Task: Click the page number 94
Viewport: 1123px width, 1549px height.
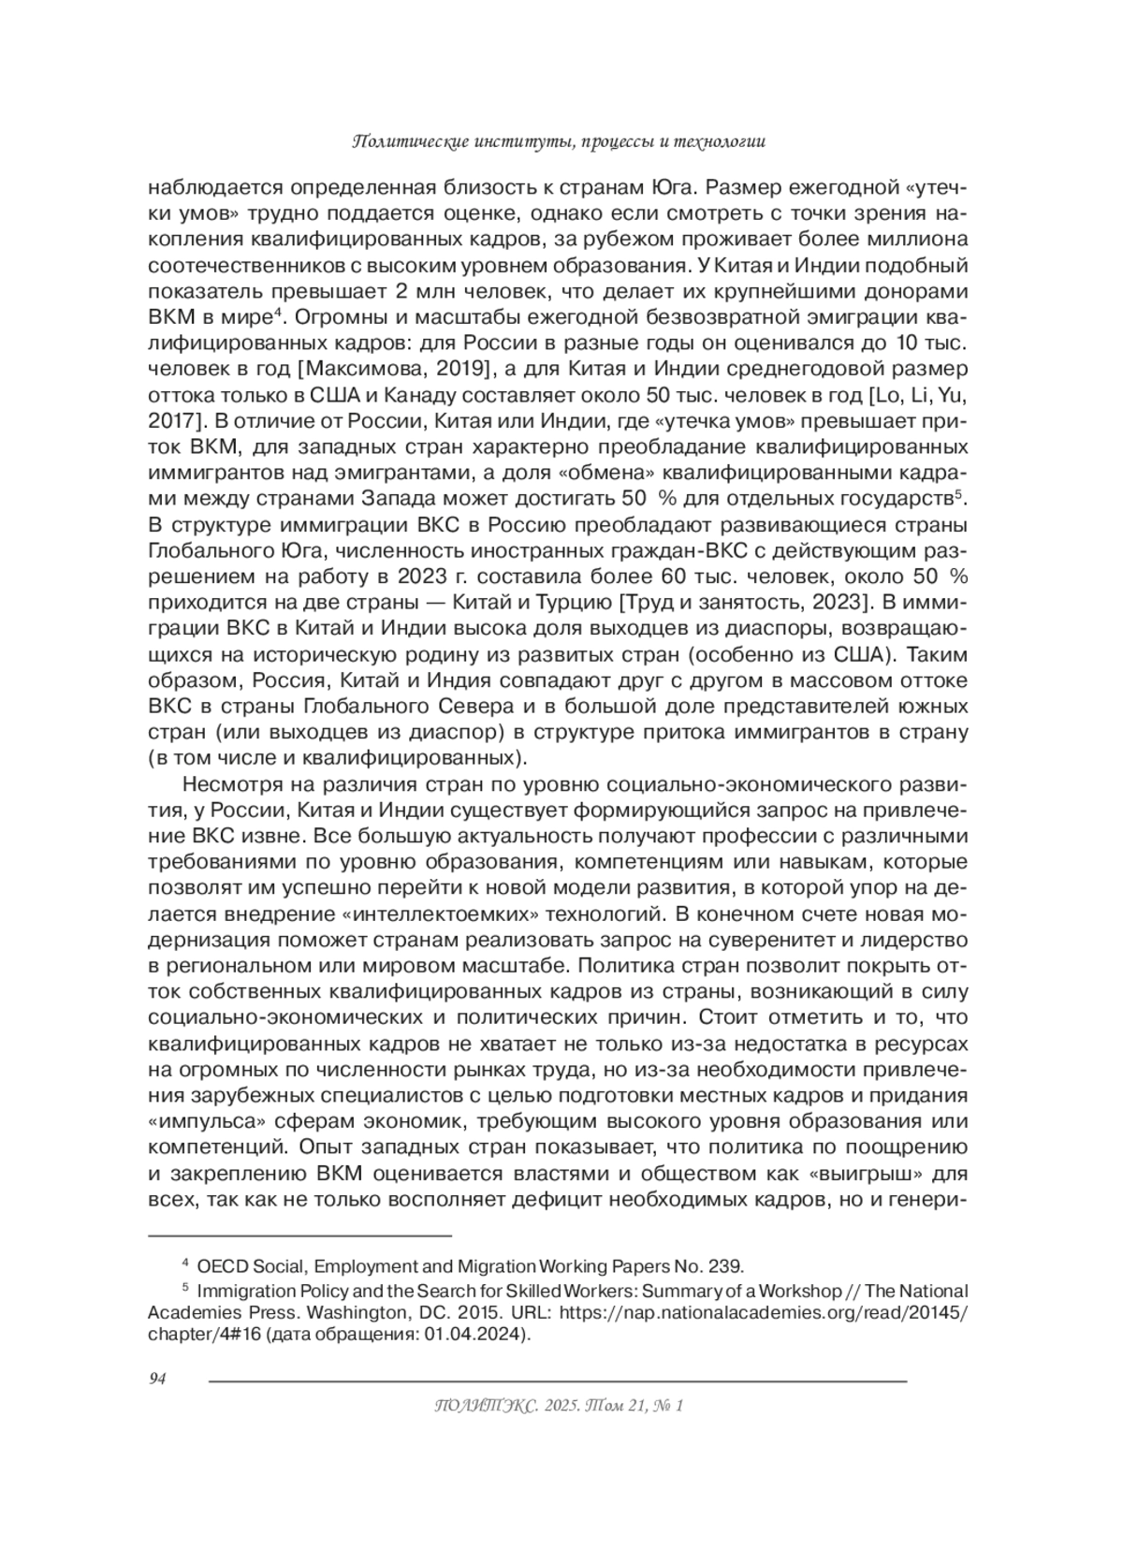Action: tap(157, 1379)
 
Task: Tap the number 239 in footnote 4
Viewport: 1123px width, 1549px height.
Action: tap(726, 1266)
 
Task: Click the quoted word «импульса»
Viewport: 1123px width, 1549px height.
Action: tap(197, 1121)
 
